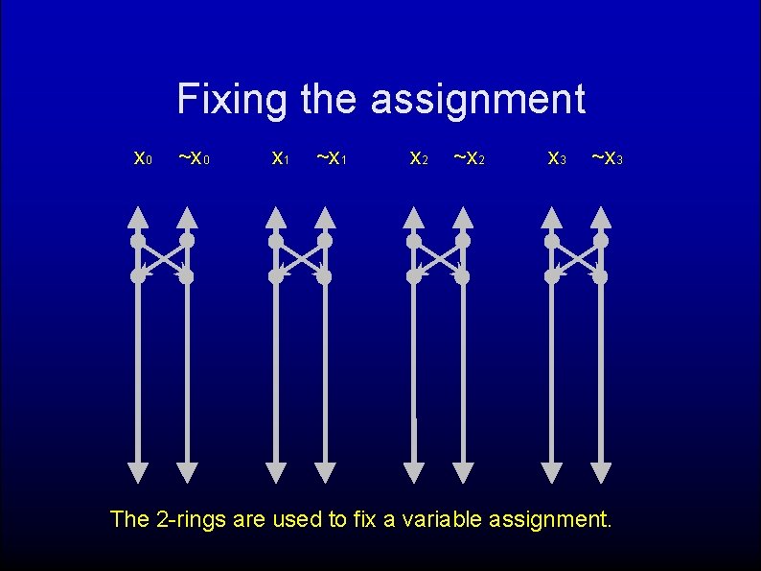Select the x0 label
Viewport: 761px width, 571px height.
point(142,157)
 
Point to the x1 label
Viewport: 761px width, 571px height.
point(280,157)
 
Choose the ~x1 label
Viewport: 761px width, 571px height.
point(332,157)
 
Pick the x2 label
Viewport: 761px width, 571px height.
point(418,157)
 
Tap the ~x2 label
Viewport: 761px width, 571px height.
point(470,157)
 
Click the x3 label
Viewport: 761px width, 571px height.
point(556,157)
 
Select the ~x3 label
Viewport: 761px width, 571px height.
point(608,157)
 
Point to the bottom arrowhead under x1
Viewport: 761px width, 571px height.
point(276,472)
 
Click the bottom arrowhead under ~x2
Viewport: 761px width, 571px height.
point(463,472)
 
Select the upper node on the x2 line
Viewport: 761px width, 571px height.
point(414,240)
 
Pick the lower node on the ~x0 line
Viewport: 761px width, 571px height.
point(187,276)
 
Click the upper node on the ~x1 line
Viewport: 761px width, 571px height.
point(325,240)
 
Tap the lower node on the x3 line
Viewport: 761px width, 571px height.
point(552,276)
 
